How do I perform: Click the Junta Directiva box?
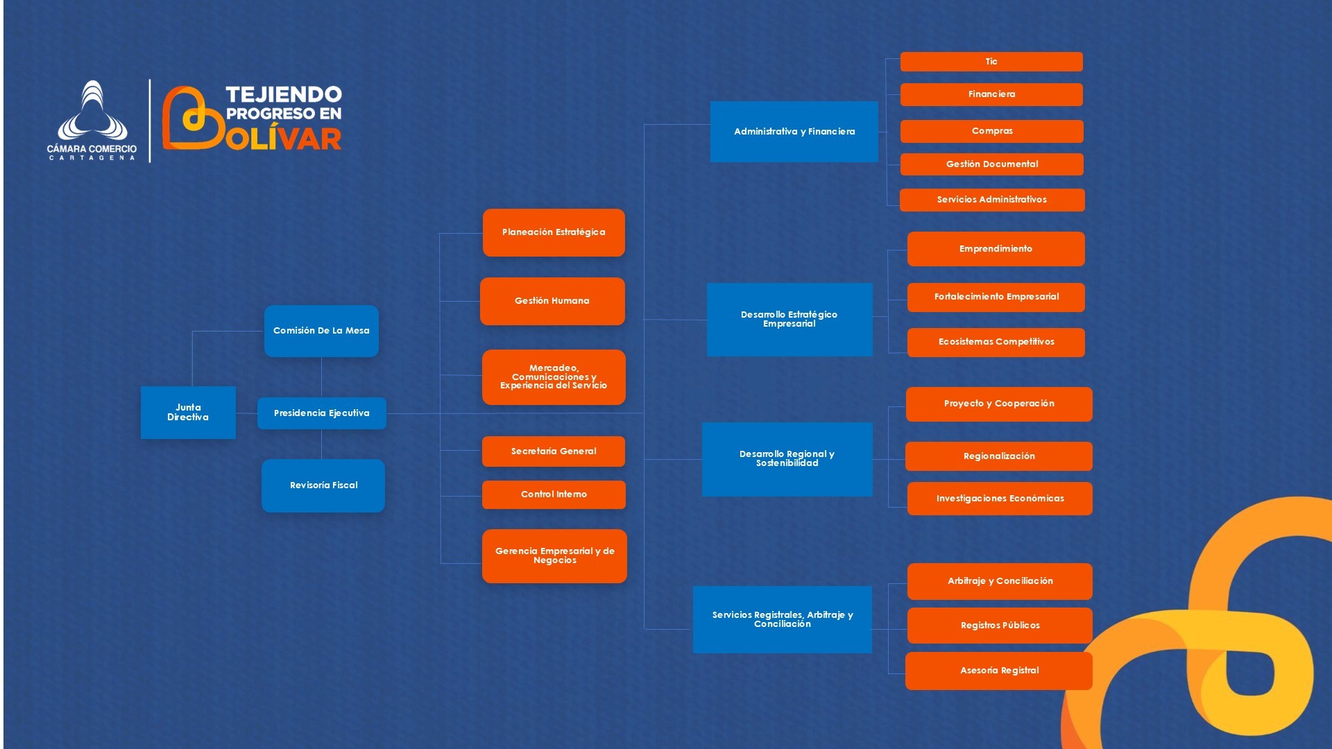pos(188,413)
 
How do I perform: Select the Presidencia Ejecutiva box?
pos(321,413)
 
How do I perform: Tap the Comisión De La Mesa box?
pos(321,331)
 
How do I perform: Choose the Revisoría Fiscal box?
pos(323,485)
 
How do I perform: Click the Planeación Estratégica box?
pos(554,232)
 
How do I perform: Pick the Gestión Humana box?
pos(552,301)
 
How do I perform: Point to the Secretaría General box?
pos(554,451)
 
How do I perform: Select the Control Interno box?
pos(554,494)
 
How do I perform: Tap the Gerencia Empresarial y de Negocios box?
pos(554,556)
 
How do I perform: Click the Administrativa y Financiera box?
pos(794,132)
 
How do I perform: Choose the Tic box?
pos(991,62)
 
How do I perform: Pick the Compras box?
pos(992,131)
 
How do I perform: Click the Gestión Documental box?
pos(992,164)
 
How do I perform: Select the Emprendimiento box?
pos(996,249)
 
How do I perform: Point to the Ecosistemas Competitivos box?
pos(996,342)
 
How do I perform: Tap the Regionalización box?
pos(999,456)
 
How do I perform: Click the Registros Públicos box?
pos(1000,626)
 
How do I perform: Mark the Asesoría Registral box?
pos(999,671)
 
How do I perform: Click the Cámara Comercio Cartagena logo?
pos(92,121)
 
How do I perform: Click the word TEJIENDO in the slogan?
pos(284,94)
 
